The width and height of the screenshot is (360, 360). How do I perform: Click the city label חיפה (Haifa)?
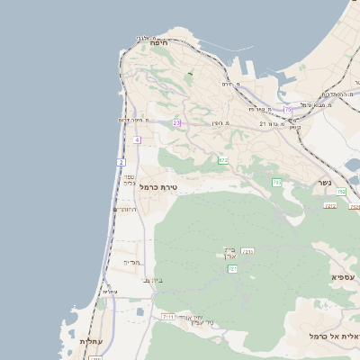point(161,43)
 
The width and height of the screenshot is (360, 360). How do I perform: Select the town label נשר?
point(324,182)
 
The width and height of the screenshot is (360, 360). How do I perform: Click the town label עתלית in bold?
point(93,341)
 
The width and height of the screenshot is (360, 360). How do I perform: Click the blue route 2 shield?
point(121,162)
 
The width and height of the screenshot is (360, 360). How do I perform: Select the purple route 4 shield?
point(137,140)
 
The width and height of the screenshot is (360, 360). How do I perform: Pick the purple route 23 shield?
point(176,122)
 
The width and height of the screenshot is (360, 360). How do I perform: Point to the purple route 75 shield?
point(288,110)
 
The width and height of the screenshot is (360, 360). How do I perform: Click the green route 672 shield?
point(222,160)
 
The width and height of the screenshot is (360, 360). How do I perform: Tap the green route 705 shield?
point(276,183)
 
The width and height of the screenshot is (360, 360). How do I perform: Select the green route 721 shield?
point(232,268)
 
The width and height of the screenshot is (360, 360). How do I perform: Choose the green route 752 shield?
point(341,192)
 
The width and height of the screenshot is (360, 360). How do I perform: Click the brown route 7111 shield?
point(168,317)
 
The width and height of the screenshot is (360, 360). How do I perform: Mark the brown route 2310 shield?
point(248,251)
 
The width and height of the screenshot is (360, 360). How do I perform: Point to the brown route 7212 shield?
point(330,206)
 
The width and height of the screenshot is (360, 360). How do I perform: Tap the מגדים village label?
point(132,262)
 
